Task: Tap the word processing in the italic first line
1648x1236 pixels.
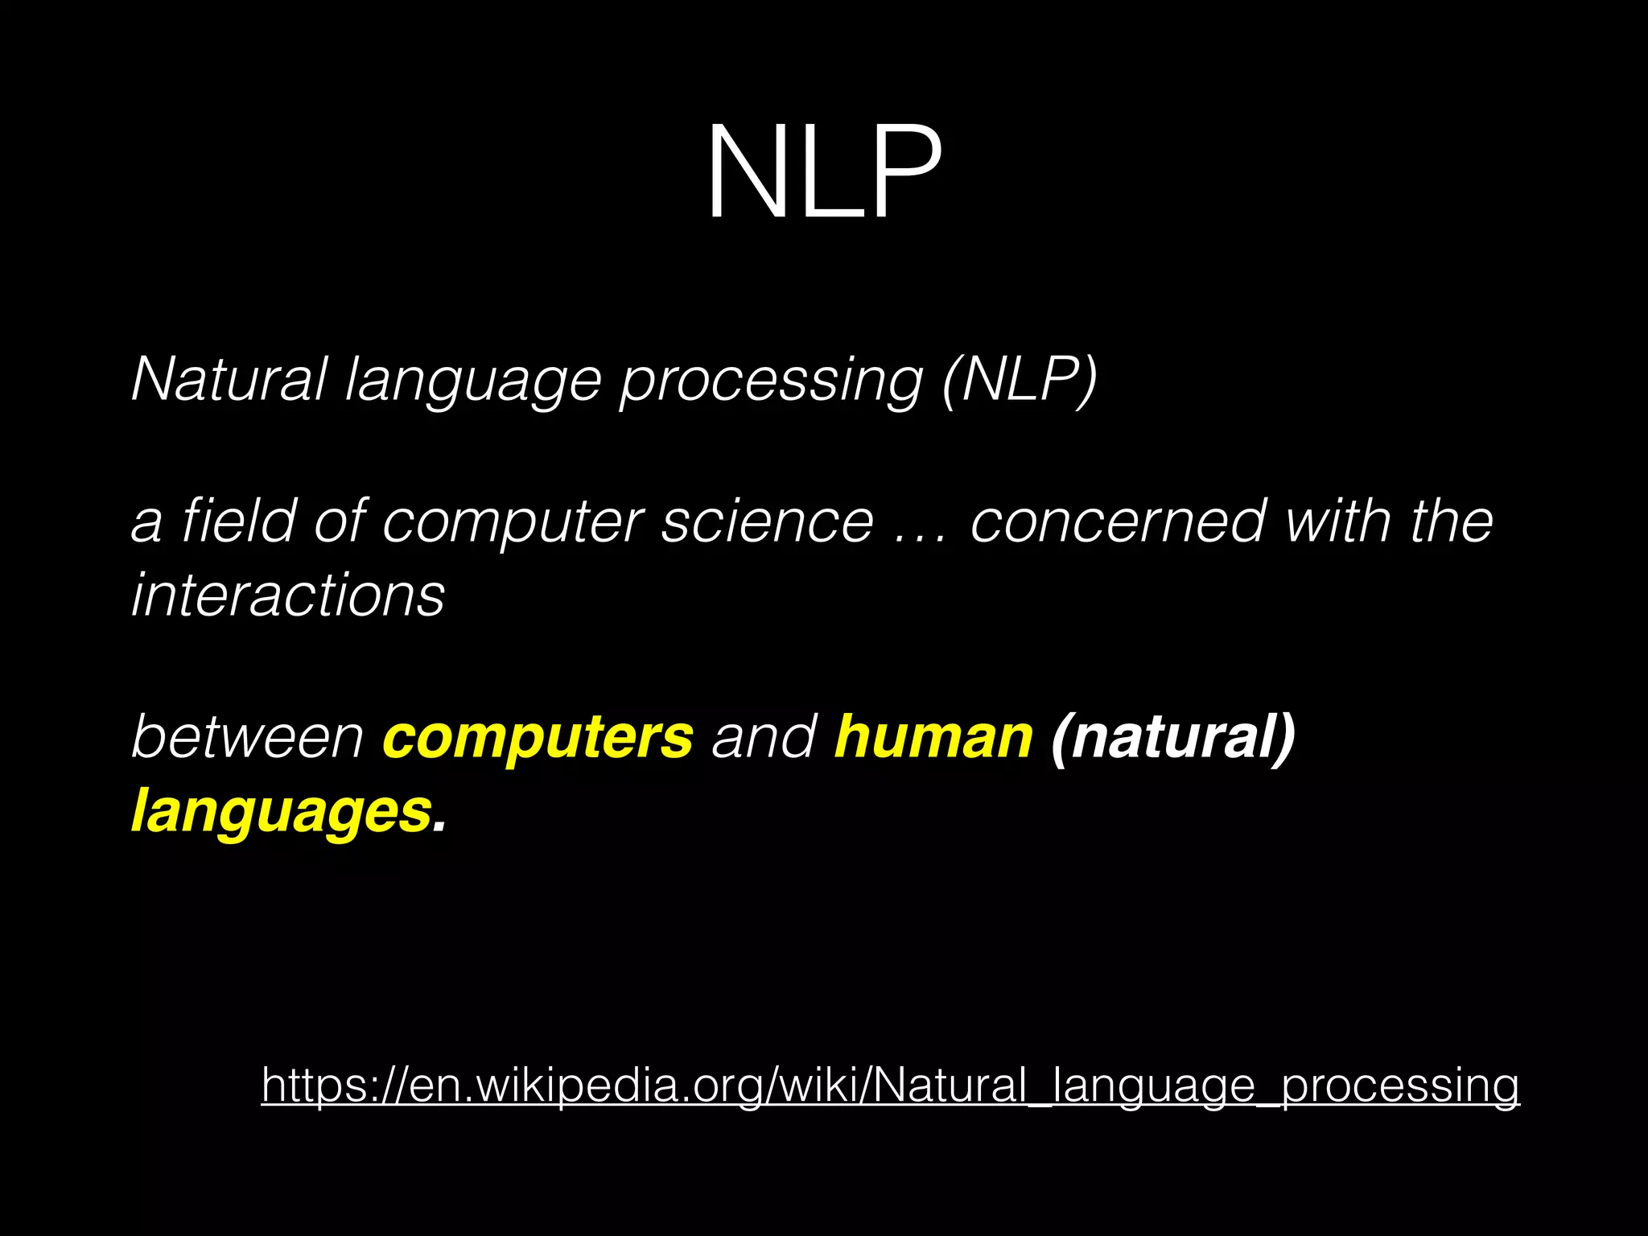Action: (x=771, y=380)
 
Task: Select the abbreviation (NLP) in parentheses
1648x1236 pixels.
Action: (x=1020, y=379)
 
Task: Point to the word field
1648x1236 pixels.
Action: (x=239, y=521)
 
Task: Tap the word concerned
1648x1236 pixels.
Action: (x=1118, y=521)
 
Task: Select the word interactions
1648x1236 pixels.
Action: (x=288, y=595)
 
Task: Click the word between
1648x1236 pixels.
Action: (x=247, y=736)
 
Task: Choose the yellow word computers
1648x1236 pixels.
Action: (x=538, y=738)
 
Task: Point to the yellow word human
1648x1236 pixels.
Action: (x=933, y=736)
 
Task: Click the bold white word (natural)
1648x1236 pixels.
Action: (x=1173, y=737)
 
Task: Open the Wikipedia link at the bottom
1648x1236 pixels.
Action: (x=890, y=1086)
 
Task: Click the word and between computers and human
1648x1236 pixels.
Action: (x=764, y=736)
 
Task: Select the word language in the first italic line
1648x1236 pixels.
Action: (x=473, y=380)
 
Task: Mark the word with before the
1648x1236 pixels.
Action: (x=1337, y=521)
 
